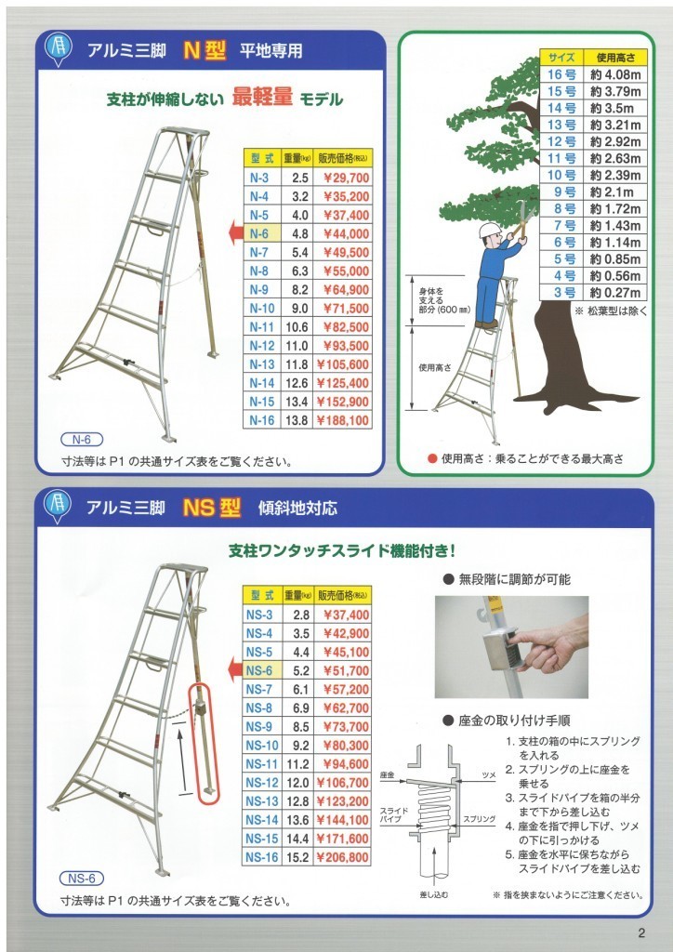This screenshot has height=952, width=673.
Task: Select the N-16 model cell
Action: coord(261,420)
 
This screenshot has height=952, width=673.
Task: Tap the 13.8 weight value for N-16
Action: coord(297,420)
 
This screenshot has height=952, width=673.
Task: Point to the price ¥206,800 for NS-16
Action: coord(343,857)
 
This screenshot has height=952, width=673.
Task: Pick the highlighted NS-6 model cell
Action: coord(261,671)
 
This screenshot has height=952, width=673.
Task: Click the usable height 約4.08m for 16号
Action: coord(614,74)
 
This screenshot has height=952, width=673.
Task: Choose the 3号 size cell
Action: coord(562,293)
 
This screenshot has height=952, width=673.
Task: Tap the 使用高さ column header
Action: coord(615,58)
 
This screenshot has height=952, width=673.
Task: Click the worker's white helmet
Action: coord(488,231)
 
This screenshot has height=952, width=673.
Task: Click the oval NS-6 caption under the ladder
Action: coord(82,879)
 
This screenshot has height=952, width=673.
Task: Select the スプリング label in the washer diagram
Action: coord(480,818)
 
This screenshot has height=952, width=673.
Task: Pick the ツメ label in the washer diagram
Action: coord(489,775)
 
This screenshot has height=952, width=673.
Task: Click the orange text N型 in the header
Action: coord(205,50)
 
